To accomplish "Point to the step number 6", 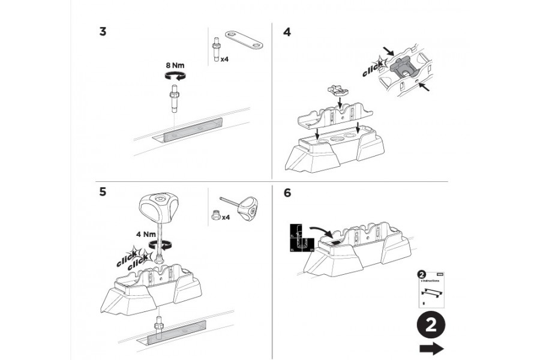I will (287, 193).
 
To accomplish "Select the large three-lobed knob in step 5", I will (158, 206).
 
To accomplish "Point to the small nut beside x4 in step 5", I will (215, 216).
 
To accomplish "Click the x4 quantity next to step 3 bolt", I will (224, 59).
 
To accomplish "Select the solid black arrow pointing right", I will (431, 349).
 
